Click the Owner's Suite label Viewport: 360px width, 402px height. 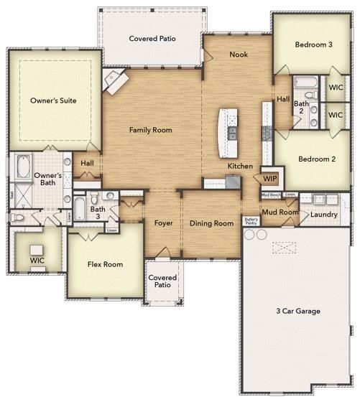click(53, 101)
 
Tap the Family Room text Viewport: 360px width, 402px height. click(150, 130)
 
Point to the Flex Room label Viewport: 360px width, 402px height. click(105, 264)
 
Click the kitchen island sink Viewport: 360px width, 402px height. click(232, 134)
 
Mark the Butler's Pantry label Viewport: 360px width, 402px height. click(251, 221)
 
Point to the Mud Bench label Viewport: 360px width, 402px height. click(270, 195)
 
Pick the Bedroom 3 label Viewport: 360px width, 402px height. click(313, 45)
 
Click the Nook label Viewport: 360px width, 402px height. click(239, 55)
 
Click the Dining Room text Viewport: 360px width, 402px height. click(211, 223)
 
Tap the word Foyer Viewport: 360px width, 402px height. click(163, 223)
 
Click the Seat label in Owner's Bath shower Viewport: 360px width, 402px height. click(12, 194)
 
